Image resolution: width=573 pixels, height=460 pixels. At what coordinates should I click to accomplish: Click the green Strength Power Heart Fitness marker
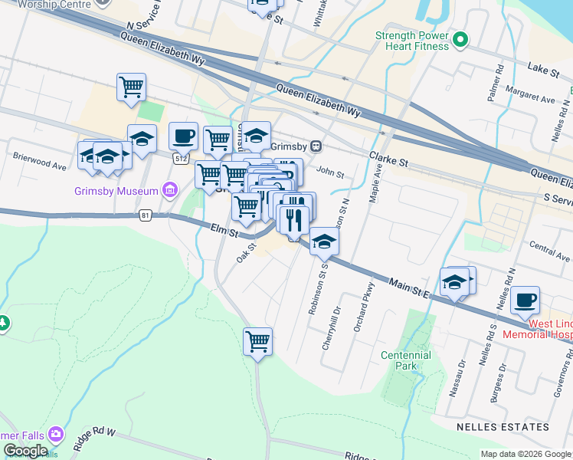pos(460,40)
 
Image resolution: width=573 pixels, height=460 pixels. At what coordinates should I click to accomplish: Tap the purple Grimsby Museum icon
pos(170,190)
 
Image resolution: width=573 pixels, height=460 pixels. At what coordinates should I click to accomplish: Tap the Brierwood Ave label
pos(40,164)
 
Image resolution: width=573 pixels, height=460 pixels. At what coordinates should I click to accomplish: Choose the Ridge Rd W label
pos(94,440)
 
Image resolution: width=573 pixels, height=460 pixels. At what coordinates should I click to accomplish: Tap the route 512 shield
pos(180,159)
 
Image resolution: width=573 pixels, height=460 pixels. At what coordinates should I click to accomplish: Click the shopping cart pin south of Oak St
pos(258,341)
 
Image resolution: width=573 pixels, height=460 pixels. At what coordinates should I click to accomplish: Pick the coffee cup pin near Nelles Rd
pos(525,301)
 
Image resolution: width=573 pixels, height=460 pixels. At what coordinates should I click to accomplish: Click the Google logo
pos(25,451)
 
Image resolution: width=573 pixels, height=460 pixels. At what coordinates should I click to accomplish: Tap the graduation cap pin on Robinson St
pos(324,242)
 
